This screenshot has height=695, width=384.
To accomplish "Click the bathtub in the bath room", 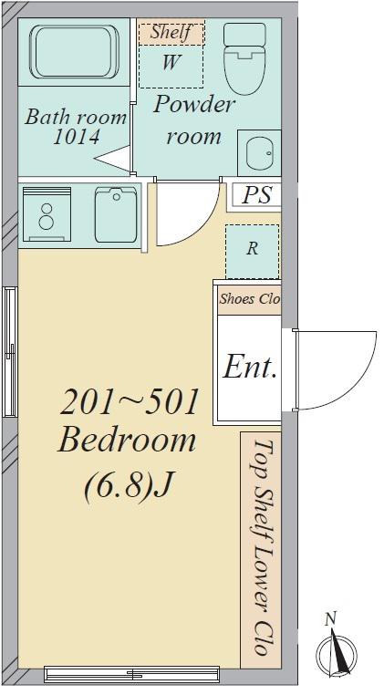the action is click(x=74, y=52).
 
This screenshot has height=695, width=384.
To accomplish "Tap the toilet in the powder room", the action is click(x=244, y=58).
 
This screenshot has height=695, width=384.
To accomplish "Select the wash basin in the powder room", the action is click(x=259, y=153).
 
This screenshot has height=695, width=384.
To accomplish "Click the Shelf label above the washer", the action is click(x=171, y=32).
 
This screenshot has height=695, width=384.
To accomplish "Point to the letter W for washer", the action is click(x=171, y=63).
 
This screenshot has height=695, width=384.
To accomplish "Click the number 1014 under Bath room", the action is click(x=77, y=138).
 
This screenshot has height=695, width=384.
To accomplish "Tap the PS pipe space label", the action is click(x=257, y=195).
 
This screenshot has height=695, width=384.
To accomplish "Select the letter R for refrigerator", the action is click(x=252, y=249).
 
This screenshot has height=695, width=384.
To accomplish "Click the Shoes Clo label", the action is click(x=250, y=299).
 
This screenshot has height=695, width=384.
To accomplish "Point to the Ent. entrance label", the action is click(x=250, y=368).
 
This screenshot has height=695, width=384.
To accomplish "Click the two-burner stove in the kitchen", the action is click(x=47, y=214).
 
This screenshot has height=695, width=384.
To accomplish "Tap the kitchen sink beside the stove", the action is click(x=116, y=214).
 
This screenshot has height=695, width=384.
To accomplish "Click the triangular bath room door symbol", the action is click(x=112, y=158).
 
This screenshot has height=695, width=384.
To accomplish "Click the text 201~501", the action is click(x=129, y=403).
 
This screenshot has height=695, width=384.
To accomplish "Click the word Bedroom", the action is click(x=127, y=441).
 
